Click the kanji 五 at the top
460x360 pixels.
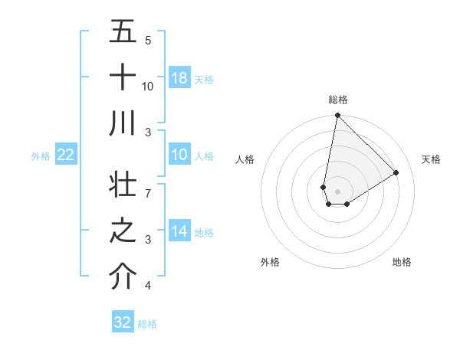[x=123, y=31]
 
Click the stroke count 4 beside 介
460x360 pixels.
[x=148, y=286]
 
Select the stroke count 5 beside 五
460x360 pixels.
[x=148, y=40]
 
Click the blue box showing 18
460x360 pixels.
[x=179, y=78]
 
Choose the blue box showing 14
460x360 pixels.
[x=179, y=232]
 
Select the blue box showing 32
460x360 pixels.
[x=123, y=322]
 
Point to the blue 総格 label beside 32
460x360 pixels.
[x=147, y=324]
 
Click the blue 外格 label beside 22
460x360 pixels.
[x=41, y=156]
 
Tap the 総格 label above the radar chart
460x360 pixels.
[x=337, y=100]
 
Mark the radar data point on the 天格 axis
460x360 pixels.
[x=396, y=173]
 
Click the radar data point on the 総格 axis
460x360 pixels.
[x=337, y=116]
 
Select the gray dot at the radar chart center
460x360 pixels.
[x=337, y=191]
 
